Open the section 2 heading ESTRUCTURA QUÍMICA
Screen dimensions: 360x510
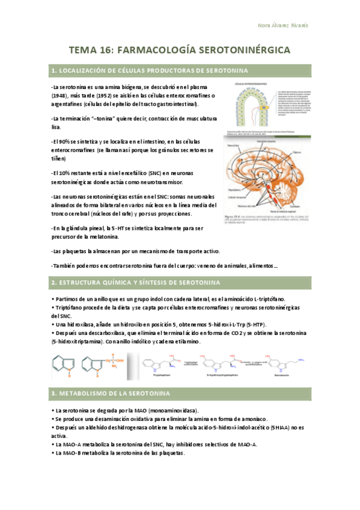(136, 281)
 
